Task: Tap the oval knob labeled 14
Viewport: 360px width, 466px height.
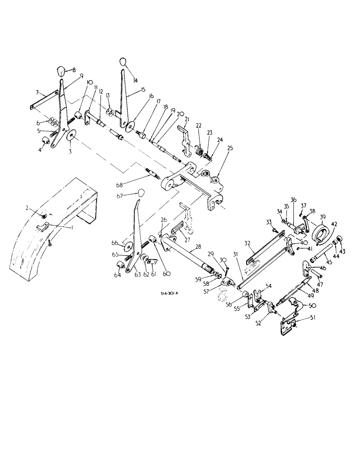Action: coord(123,62)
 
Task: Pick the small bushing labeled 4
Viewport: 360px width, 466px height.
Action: coord(47,141)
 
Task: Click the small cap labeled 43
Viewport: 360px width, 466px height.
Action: coord(340,239)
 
